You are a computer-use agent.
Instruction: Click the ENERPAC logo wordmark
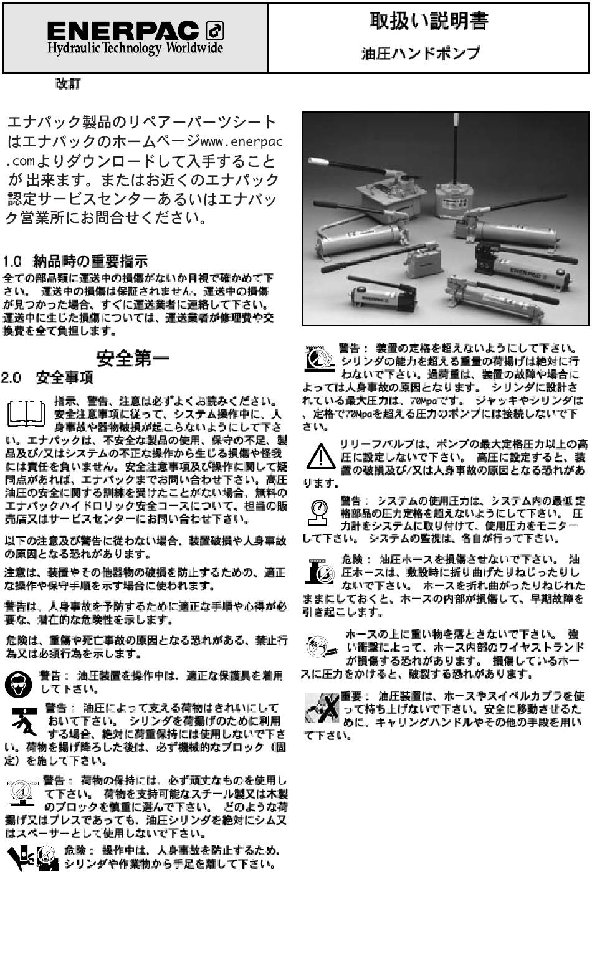pos(123,31)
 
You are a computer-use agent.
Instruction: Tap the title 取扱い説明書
pos(429,21)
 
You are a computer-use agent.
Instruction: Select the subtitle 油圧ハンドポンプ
pos(421,54)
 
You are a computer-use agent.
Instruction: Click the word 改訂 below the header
pos(67,84)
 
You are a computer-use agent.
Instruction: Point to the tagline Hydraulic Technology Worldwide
pos(135,47)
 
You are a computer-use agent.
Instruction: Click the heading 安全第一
pos(133,358)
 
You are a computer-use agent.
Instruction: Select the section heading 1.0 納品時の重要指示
pos(75,260)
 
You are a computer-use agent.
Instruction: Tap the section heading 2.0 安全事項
pos(47,377)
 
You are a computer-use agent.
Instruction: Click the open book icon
pos(26,414)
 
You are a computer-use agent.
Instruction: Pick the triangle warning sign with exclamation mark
pos(321,457)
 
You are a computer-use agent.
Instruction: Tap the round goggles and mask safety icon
pos(19,683)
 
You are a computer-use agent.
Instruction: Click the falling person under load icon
pos(24,721)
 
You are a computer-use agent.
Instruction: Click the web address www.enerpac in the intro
pos(241,141)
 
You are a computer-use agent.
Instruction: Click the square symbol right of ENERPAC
pos(215,31)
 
